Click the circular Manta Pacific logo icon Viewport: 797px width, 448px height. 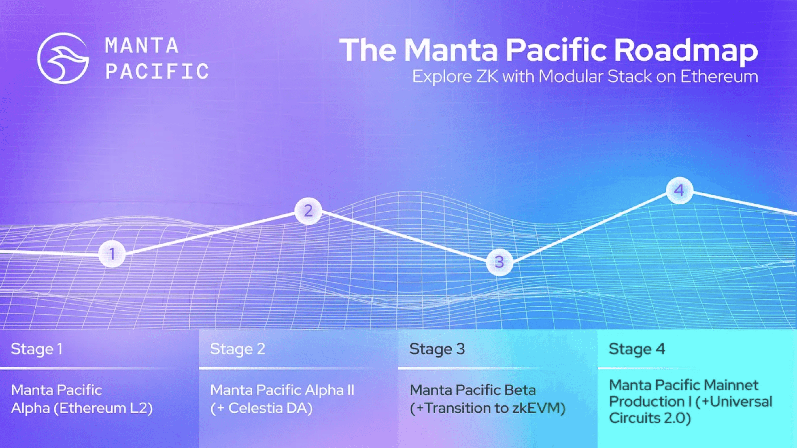(x=63, y=58)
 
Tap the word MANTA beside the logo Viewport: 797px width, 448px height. (x=142, y=45)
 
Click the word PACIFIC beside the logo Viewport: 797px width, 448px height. (x=157, y=71)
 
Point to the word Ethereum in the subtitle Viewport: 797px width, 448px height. (x=719, y=76)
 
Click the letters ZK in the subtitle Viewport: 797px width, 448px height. (x=487, y=76)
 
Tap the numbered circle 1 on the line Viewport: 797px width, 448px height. (x=112, y=254)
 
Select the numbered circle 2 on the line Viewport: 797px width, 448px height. (x=308, y=211)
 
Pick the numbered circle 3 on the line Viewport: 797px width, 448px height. (x=499, y=262)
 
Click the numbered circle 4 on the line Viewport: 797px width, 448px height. (x=679, y=190)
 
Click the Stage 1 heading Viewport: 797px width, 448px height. (x=37, y=349)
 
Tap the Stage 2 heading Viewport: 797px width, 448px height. (x=238, y=349)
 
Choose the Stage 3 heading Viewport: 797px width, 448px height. (x=437, y=349)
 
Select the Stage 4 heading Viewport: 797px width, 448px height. (x=637, y=349)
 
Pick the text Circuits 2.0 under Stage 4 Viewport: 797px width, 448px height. (x=650, y=418)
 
